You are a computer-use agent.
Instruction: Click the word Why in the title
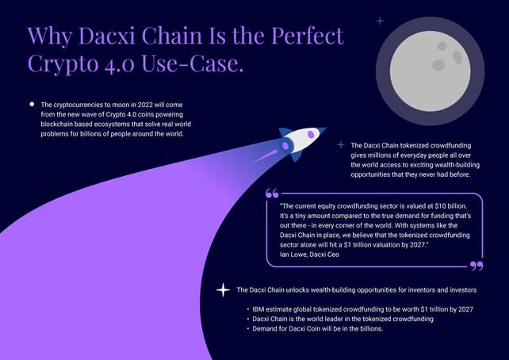tap(50, 36)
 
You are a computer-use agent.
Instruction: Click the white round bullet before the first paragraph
tap(32, 104)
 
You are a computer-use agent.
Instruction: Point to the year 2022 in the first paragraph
tap(145, 105)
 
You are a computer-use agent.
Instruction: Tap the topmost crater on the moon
tap(442, 46)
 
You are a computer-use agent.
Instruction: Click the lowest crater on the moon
tap(438, 65)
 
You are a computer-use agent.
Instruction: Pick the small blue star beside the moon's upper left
tap(380, 21)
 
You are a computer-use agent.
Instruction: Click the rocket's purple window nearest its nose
tap(311, 134)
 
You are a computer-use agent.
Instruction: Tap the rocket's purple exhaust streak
tap(266, 156)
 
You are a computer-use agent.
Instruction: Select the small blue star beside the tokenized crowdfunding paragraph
tap(341, 145)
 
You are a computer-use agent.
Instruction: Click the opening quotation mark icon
tap(272, 193)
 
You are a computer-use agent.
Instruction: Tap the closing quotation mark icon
tap(476, 266)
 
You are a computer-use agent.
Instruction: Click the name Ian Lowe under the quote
tap(293, 255)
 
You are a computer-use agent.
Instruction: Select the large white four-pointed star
tap(223, 289)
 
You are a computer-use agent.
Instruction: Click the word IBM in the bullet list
tap(258, 309)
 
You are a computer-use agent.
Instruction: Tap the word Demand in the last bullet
tap(263, 328)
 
